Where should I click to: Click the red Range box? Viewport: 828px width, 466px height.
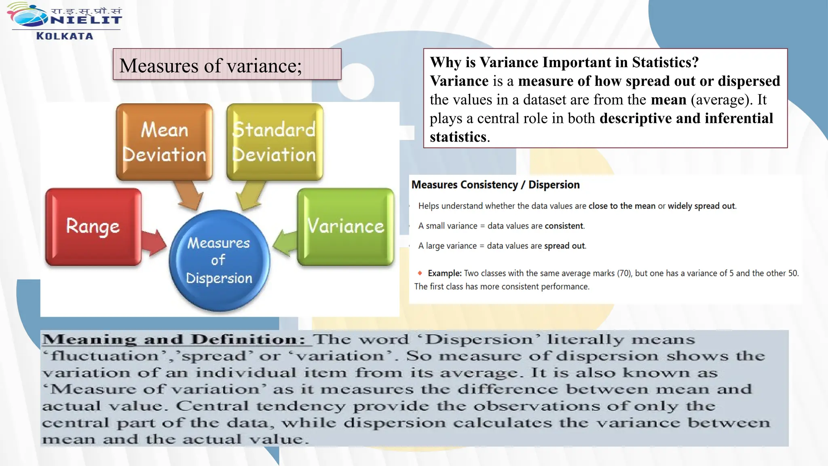(x=93, y=227)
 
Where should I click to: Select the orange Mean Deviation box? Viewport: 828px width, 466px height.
(x=164, y=142)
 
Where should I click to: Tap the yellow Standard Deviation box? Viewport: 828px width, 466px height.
(x=275, y=142)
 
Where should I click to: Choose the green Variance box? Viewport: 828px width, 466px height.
(x=346, y=227)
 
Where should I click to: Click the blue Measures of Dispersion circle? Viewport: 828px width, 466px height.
(x=219, y=261)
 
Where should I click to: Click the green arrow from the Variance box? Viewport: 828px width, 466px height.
(x=285, y=243)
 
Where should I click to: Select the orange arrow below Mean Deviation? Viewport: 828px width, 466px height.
(x=189, y=196)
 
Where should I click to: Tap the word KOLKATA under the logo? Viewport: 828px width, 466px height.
(x=65, y=36)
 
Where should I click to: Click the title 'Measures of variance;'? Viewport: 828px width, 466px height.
(x=211, y=65)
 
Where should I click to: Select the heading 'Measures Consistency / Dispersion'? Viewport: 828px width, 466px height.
(x=495, y=185)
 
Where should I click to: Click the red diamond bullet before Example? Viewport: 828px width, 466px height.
(x=420, y=273)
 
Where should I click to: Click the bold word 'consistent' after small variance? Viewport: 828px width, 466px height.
(x=564, y=226)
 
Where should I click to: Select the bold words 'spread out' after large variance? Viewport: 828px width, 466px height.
(x=564, y=246)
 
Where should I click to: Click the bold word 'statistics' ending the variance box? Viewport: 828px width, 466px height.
(x=458, y=137)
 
